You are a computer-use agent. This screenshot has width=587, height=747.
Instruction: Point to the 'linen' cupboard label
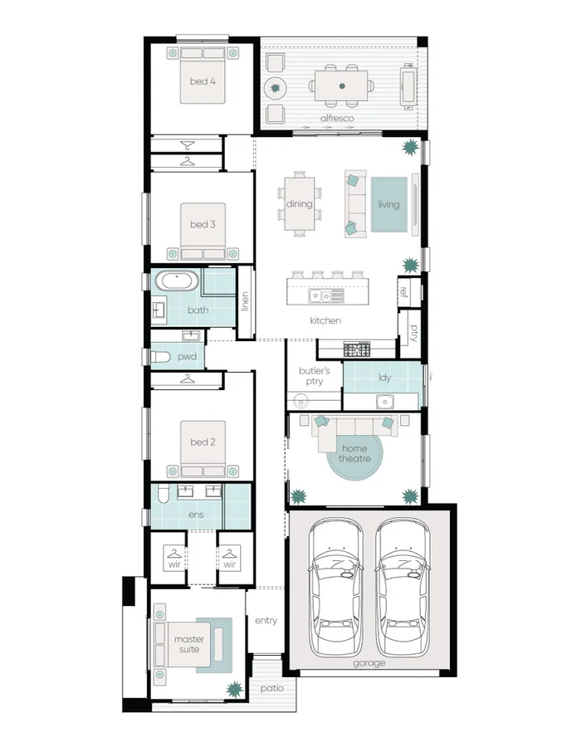pyautogui.click(x=245, y=301)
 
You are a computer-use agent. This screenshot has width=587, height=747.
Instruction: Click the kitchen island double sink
pyautogui.click(x=321, y=295)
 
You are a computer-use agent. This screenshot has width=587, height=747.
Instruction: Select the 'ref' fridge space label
pyautogui.click(x=404, y=291)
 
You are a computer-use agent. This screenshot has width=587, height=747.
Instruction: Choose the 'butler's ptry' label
pyautogui.click(x=314, y=376)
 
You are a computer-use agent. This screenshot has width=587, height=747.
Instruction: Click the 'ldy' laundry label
pyautogui.click(x=384, y=378)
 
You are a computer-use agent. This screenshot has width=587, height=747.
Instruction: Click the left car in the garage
pyautogui.click(x=336, y=588)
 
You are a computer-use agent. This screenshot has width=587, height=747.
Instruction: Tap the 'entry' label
pyautogui.click(x=266, y=620)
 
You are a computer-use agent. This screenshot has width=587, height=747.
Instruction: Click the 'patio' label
pyautogui.click(x=271, y=688)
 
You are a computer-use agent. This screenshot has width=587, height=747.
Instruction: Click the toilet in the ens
pyautogui.click(x=164, y=496)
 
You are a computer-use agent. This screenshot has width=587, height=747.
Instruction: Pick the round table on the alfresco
pyautogui.click(x=275, y=86)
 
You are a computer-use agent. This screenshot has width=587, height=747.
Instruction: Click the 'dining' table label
pyautogui.click(x=299, y=204)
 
